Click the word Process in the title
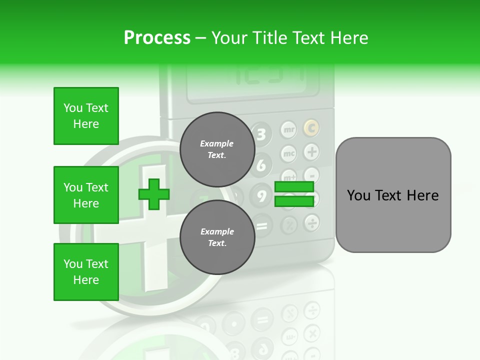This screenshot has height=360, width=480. point(157,37)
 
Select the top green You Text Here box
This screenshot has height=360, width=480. point(86,116)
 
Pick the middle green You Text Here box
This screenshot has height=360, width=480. point(86,195)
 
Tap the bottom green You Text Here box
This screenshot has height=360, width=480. point(86,272)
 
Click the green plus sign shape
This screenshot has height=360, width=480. point(154,194)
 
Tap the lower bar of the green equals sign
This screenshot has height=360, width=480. point(294,201)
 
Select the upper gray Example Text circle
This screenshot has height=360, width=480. point(217,149)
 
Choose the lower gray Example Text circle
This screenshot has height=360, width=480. point(217,237)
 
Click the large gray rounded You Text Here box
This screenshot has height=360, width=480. point(393,195)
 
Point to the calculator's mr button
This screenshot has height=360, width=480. point(289,130)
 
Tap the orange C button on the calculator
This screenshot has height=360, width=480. point(311,128)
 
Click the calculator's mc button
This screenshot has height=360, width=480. point(289,153)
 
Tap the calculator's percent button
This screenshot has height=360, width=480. point(289,223)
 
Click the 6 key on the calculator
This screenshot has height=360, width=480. point(261,165)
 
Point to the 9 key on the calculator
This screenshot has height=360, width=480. point(261,195)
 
